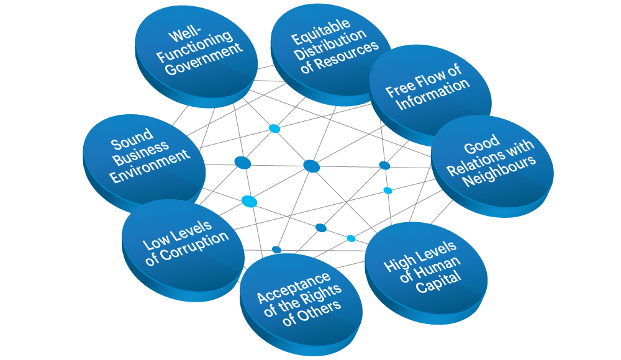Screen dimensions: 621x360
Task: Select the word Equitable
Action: click(321, 32)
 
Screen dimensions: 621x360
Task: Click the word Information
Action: click(433, 94)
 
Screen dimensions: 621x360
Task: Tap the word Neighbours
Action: click(499, 171)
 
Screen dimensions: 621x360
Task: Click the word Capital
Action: click(439, 281)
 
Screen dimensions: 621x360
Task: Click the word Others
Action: click(317, 312)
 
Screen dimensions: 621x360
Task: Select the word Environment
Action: click(150, 166)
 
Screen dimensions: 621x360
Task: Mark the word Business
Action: click(141, 153)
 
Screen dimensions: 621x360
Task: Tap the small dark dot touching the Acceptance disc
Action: click(276, 250)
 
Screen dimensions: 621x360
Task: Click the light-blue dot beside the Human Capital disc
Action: click(351, 238)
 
